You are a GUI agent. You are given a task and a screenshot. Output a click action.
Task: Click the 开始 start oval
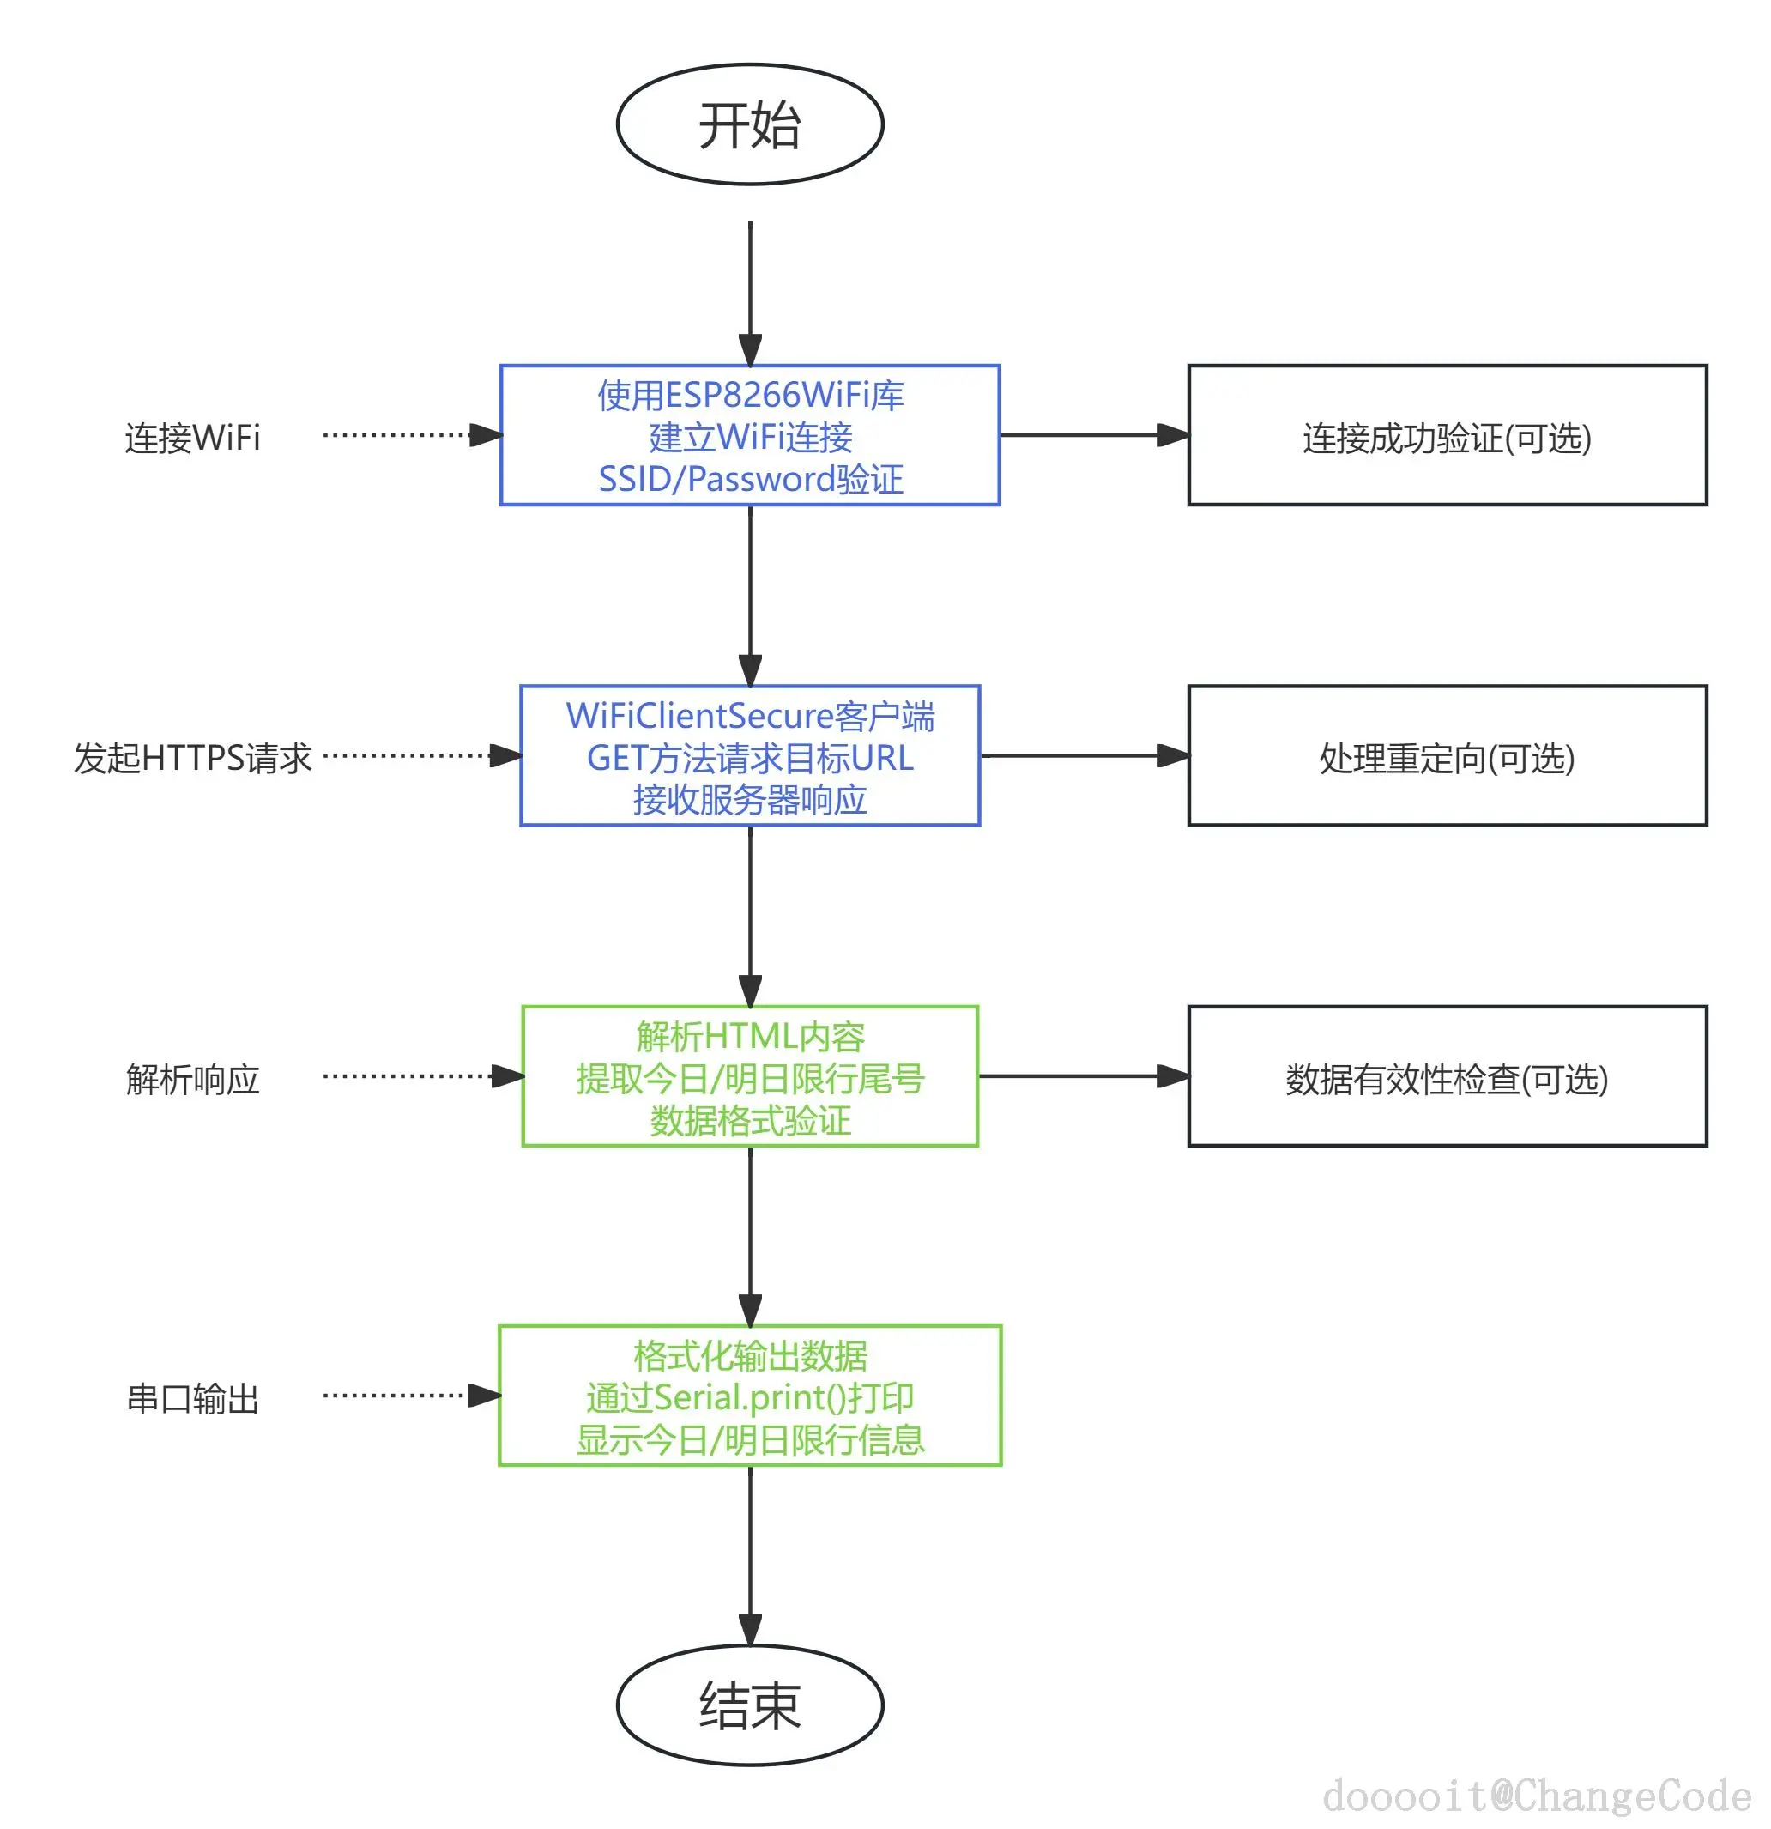point(749,124)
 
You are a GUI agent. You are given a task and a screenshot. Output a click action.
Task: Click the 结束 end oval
point(749,1704)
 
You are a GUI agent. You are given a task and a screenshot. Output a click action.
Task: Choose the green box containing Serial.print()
point(749,1397)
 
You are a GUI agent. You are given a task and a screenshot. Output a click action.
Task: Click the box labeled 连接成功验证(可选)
point(1447,436)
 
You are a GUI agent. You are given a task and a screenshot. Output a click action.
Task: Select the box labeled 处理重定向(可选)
point(1447,757)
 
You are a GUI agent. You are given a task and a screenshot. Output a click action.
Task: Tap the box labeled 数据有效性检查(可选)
point(1447,1077)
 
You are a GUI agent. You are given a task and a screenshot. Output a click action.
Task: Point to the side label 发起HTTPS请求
point(192,758)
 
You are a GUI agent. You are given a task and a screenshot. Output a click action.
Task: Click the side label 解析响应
point(192,1079)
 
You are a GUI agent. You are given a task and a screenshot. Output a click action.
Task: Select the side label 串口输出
point(192,1399)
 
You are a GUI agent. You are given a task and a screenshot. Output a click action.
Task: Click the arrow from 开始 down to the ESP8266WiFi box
point(750,289)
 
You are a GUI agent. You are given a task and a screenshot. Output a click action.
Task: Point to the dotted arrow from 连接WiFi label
point(402,435)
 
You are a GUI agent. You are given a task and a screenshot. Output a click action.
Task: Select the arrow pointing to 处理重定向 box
point(1082,756)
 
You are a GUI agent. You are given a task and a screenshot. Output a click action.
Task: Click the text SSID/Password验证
point(750,479)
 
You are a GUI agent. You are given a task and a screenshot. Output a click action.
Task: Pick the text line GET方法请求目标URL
point(750,758)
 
